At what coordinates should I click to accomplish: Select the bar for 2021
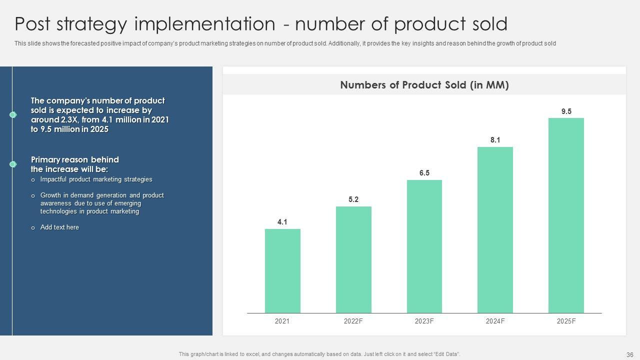tap(282, 271)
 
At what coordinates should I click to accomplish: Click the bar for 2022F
tap(353, 260)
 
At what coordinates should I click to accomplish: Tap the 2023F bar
tap(424, 246)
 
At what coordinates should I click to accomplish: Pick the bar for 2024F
tap(495, 230)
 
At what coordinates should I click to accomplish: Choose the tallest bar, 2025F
tap(566, 215)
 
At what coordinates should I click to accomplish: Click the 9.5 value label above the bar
tap(566, 111)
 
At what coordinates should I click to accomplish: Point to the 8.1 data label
tap(495, 140)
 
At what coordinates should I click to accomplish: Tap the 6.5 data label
tap(424, 173)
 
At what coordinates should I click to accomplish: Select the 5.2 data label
tap(353, 199)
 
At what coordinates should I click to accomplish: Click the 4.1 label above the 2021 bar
tap(282, 222)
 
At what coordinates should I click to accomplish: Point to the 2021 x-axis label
tap(282, 321)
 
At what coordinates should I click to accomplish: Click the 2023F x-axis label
tap(424, 321)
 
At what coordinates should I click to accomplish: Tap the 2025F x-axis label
tap(566, 321)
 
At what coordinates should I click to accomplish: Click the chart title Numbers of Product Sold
tap(424, 85)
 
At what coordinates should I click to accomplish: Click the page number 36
tap(629, 354)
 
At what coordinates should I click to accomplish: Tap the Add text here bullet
tap(59, 227)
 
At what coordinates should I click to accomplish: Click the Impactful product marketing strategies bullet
tap(96, 179)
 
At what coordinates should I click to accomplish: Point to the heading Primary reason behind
tap(75, 159)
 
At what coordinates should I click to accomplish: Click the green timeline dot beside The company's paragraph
tap(13, 115)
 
